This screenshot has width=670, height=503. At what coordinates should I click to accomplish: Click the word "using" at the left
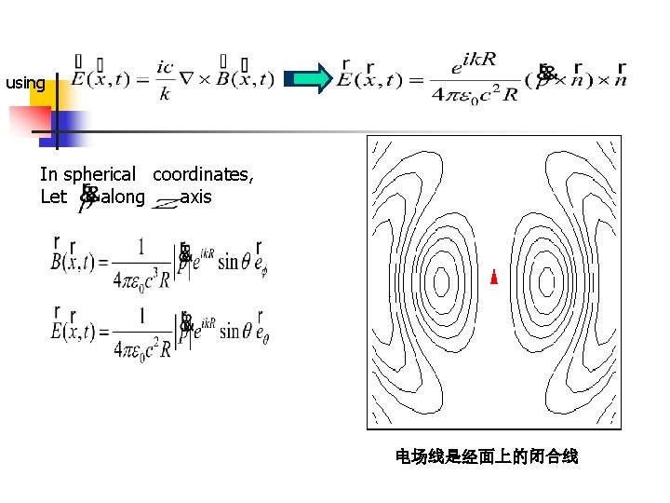tap(25, 84)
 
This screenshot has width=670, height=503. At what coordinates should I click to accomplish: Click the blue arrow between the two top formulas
tap(309, 79)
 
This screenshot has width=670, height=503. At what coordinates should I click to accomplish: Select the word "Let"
tap(53, 197)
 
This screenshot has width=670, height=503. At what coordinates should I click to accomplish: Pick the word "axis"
tap(196, 197)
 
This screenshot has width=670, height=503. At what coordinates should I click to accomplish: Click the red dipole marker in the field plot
tap(493, 278)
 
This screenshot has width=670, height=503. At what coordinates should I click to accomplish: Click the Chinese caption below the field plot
tap(487, 456)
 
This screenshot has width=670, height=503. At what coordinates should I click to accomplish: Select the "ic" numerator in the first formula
tap(167, 66)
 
